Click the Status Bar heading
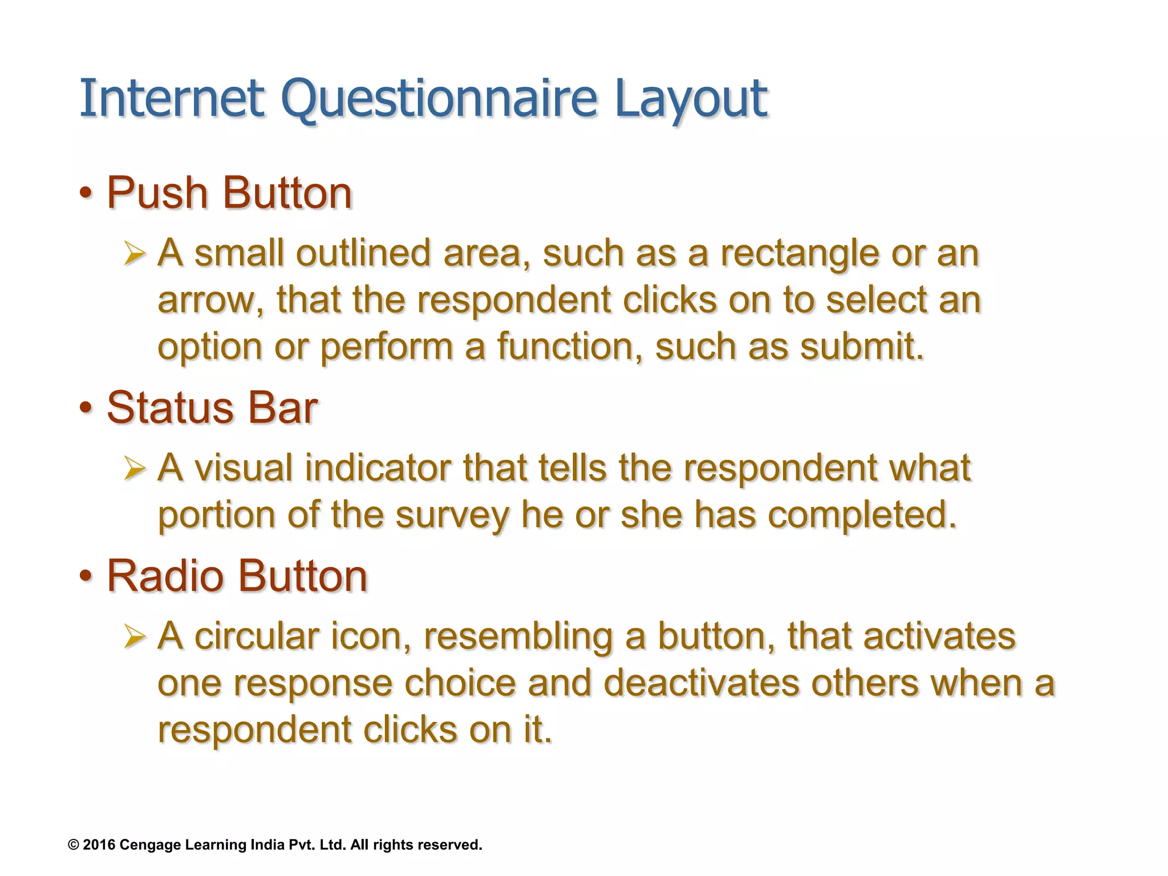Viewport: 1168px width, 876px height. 212,408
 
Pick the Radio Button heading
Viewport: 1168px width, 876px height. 237,576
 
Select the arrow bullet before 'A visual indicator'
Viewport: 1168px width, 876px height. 135,468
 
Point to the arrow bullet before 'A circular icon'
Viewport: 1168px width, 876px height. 135,636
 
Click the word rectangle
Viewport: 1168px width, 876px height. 798,254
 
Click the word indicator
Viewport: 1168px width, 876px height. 377,468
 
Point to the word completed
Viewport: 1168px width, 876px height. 861,514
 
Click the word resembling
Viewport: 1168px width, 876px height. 518,636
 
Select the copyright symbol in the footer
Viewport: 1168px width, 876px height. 74,845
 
